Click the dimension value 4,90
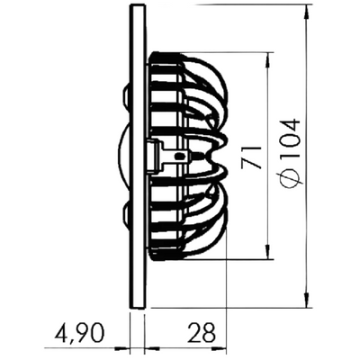[x=78, y=333]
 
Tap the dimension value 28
[x=202, y=333]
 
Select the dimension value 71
[x=251, y=157]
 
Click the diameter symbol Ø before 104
[x=291, y=178]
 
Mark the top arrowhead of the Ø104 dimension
[x=307, y=12]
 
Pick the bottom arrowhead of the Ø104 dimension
[x=307, y=300]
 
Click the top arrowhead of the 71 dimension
[x=266, y=60]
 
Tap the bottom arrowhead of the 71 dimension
[x=266, y=251]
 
